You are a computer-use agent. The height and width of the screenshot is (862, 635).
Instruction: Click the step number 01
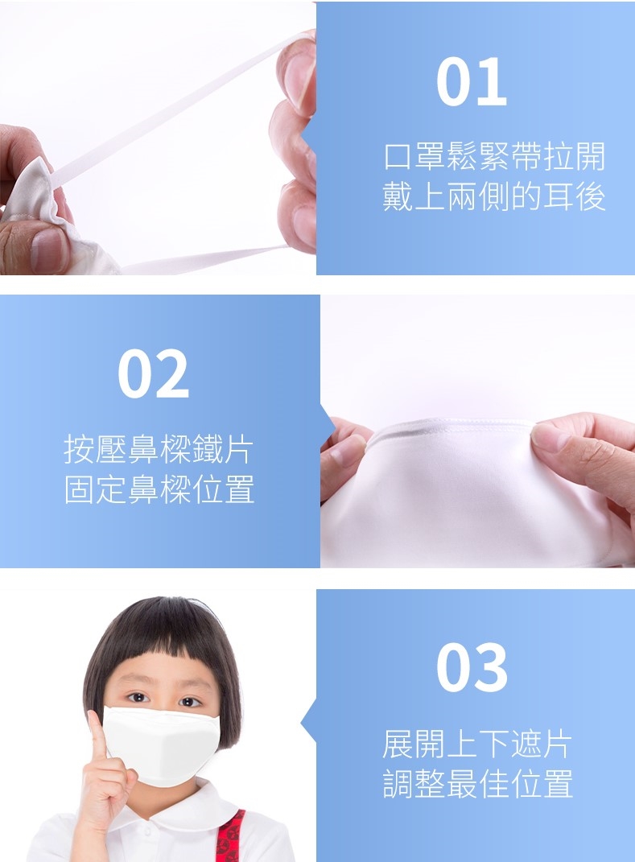click(471, 81)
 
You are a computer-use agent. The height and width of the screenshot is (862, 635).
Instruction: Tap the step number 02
click(154, 373)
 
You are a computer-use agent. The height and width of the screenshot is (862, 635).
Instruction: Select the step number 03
click(472, 667)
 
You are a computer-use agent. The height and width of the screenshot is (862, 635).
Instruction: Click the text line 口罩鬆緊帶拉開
click(494, 157)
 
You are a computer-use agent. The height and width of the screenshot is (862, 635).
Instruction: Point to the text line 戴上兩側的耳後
click(494, 196)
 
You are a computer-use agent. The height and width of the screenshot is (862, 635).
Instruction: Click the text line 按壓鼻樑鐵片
click(159, 449)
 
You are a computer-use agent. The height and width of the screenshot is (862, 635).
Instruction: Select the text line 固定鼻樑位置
click(159, 489)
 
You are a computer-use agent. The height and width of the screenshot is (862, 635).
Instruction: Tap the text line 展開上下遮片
click(477, 744)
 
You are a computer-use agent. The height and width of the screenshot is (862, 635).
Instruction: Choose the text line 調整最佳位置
click(477, 783)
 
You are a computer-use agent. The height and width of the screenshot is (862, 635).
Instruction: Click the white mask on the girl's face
click(161, 745)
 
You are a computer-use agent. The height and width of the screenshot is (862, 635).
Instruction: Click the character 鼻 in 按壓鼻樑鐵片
click(143, 449)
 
